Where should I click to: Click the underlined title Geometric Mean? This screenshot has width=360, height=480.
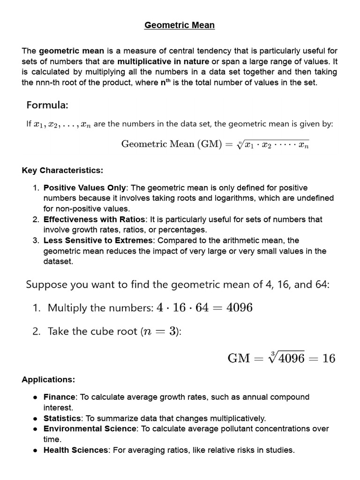click(x=180, y=25)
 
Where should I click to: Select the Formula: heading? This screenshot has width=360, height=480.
click(x=47, y=104)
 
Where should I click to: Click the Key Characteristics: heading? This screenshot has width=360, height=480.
click(x=62, y=170)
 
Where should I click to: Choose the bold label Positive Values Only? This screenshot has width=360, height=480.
click(x=85, y=187)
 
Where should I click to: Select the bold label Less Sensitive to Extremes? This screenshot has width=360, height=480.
click(x=98, y=240)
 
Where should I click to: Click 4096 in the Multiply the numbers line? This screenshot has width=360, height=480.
click(x=239, y=308)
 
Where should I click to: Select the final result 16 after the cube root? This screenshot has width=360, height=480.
click(x=329, y=359)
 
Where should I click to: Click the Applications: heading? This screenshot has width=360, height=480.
click(x=48, y=379)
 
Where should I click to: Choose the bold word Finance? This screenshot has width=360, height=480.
click(x=60, y=397)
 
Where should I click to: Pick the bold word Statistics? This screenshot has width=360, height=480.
click(x=62, y=418)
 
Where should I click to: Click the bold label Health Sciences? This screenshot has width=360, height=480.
click(x=75, y=450)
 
